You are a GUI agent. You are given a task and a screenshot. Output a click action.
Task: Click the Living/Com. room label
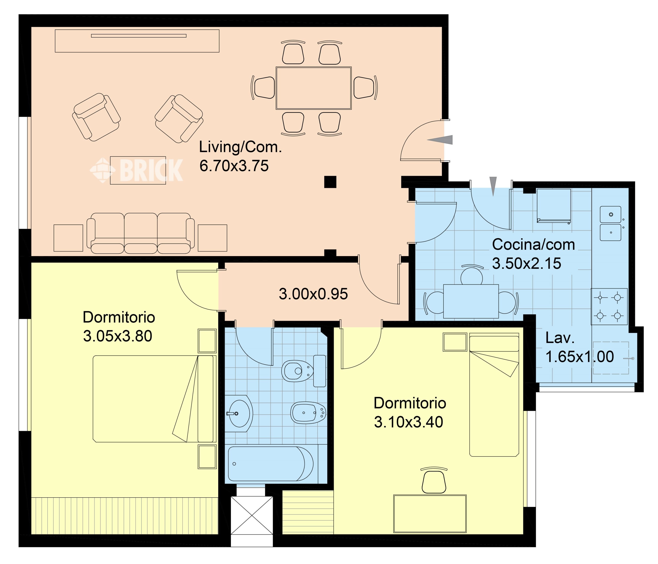pos(240,147)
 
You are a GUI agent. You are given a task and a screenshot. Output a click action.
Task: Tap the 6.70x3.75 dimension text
pos(234,166)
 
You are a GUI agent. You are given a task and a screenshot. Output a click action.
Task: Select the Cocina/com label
pos(533,245)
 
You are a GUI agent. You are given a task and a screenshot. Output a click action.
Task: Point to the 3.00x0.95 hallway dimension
pos(313,294)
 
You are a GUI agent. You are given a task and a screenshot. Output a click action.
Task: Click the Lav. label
pos(560,338)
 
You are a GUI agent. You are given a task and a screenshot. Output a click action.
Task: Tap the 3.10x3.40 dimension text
pos(408,422)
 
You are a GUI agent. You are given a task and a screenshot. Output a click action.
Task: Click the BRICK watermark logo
pos(137,170)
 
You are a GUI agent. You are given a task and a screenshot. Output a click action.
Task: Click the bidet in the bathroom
pos(308,413)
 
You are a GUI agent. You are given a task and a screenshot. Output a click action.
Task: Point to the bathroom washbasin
pos(239,413)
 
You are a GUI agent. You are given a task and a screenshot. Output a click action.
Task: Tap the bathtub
pos(271,464)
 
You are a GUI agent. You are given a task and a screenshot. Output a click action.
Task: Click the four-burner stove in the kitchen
pos(609,307)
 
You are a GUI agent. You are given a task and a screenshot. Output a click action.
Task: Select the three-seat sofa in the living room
pos(141,233)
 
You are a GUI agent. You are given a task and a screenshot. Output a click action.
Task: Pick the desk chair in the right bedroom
pos(434,480)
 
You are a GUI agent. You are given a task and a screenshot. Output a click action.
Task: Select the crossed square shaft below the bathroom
pos(252,515)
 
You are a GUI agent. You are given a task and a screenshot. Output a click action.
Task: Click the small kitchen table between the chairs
pos(471,301)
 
